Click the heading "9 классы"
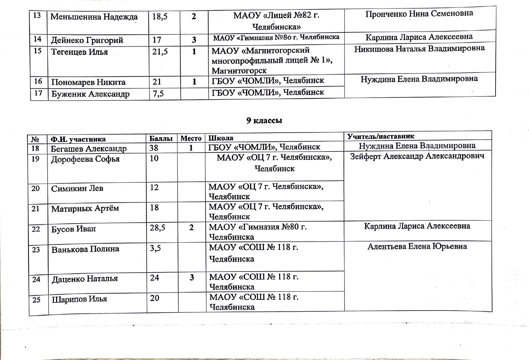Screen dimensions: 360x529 264,121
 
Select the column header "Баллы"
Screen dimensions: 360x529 161,139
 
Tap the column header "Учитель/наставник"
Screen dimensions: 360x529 380,136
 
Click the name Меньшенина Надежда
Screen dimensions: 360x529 94,17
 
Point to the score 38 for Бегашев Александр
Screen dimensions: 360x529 154,148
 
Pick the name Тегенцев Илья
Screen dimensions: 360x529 79,52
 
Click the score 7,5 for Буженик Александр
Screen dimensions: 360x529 158,94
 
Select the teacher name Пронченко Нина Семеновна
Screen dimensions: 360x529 419,14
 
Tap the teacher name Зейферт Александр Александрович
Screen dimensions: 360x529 417,156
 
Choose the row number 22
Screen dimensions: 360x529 36,229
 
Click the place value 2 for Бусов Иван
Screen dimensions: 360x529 191,228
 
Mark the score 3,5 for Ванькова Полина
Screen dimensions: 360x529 155,248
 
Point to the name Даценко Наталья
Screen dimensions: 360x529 85,279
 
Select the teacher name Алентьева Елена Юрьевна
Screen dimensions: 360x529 417,246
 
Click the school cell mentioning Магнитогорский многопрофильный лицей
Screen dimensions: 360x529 272,60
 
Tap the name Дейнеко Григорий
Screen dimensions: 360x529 87,40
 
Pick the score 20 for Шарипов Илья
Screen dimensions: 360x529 155,298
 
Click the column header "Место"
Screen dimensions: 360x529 191,138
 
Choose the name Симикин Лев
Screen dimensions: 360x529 77,188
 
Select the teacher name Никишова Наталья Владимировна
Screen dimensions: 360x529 419,49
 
